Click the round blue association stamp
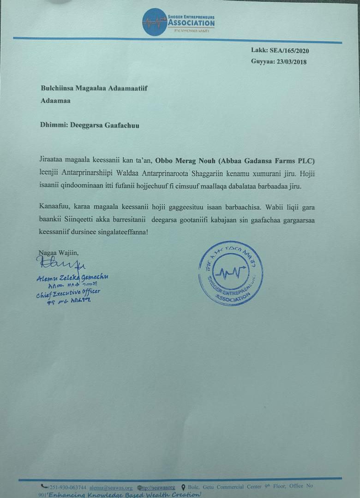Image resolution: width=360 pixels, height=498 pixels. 230,273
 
